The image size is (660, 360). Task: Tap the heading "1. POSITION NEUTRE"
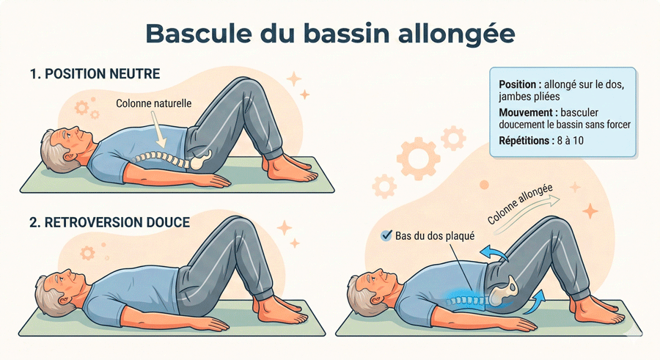95,74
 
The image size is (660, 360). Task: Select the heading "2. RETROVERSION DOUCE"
109,221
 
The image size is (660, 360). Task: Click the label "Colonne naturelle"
154,103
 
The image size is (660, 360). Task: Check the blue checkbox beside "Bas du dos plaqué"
386,236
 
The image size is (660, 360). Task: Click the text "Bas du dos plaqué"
435,236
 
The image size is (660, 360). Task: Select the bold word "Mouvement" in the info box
525,112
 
